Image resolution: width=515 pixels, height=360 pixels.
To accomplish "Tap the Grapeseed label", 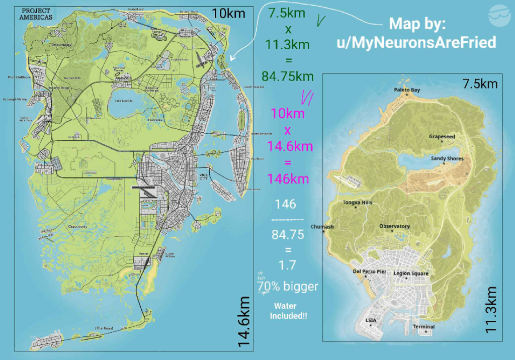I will [x=442, y=136].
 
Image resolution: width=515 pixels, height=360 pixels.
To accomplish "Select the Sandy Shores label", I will [x=447, y=158].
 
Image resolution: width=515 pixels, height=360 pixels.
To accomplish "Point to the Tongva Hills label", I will [x=358, y=203].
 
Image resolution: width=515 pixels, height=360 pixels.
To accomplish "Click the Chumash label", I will [x=323, y=227].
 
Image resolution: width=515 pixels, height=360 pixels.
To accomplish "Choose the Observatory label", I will [x=394, y=226].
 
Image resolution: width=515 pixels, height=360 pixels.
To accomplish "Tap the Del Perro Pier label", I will [x=369, y=272].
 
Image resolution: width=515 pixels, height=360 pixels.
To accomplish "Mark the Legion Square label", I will [x=411, y=274].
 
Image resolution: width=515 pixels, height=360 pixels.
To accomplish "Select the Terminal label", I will [x=423, y=327].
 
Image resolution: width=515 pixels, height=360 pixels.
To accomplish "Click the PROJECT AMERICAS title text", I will [x=38, y=14].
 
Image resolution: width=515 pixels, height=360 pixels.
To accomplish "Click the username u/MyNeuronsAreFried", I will [x=416, y=42].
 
